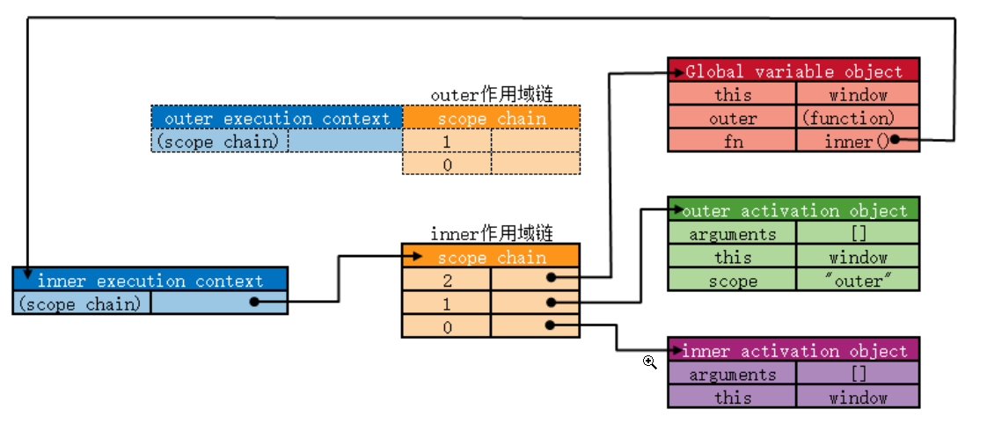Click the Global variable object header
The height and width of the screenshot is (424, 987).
pos(793,71)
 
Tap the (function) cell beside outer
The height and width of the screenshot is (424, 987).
pos(858,118)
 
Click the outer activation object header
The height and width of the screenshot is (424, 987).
pos(793,210)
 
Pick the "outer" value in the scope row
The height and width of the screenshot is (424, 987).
pos(858,281)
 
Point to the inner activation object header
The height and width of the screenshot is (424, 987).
pos(793,351)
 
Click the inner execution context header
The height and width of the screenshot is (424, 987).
pos(150,281)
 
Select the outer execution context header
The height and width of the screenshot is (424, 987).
pos(277,118)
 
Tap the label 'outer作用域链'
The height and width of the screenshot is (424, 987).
pos(492,94)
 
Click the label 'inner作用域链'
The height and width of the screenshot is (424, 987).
pos(492,233)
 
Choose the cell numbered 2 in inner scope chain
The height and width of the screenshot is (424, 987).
pos(447,280)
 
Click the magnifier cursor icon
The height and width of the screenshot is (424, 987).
pos(650,362)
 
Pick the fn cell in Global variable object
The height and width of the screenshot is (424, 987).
pos(732,141)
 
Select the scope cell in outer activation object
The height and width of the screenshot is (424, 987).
pos(732,281)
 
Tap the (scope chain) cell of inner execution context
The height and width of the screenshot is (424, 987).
pos(82,303)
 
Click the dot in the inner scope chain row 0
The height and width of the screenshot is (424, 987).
pos(550,325)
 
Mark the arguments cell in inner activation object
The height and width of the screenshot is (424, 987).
pos(732,374)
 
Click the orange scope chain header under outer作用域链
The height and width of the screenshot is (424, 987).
pos(492,118)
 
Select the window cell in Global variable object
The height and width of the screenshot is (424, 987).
pos(858,95)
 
